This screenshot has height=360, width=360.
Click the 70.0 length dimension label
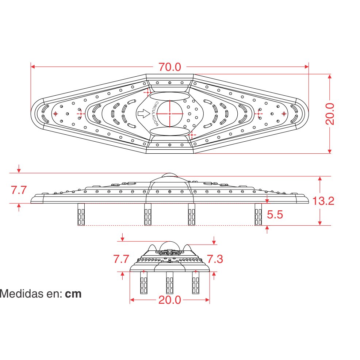point(170,67)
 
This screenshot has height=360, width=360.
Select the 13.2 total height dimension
point(323,201)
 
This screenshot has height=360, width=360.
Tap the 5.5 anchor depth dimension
point(275,215)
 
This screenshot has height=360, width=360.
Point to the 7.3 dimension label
point(215,259)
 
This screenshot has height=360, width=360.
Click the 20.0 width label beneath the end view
point(170,300)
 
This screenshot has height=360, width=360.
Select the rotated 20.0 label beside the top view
point(330,114)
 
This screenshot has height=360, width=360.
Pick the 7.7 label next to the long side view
point(19,190)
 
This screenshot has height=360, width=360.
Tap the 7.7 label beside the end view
point(121,259)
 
